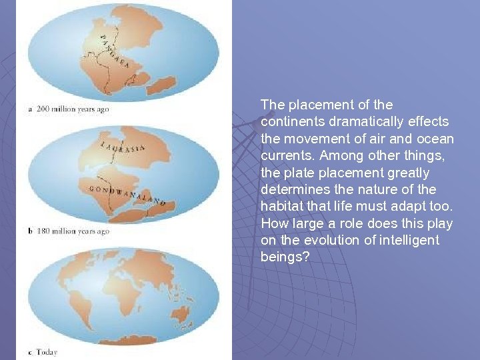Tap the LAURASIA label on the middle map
pos(123,147)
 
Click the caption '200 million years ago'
pos(73,109)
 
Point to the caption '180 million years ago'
pos(73,231)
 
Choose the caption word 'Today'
pos(47,351)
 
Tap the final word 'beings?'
pos(285,257)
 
